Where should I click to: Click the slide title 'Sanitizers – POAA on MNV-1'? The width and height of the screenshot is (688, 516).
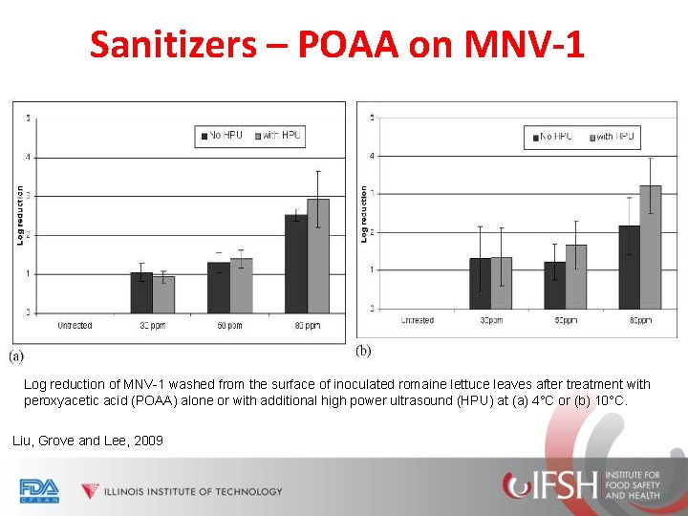336,44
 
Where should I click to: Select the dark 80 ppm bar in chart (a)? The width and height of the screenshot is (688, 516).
296,264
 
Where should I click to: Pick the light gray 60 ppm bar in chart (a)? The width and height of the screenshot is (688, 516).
242,286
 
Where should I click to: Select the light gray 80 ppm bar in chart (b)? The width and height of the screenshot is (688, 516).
651,247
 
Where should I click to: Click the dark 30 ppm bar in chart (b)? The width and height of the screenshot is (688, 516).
480,284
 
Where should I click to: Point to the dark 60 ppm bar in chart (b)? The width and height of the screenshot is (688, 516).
555,286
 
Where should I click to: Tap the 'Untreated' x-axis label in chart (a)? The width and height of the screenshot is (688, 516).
75,326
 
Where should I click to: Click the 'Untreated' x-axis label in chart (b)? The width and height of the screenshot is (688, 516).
418,321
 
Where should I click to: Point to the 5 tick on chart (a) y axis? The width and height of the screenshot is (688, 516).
28,118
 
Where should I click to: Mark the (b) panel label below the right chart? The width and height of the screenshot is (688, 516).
363,352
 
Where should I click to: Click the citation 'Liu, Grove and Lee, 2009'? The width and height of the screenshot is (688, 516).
87,441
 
